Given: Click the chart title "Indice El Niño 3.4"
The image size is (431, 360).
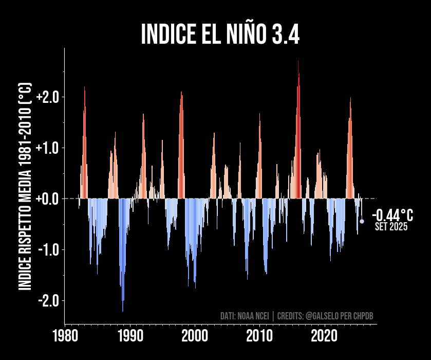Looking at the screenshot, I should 220,34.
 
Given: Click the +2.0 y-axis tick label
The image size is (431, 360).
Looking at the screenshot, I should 48,97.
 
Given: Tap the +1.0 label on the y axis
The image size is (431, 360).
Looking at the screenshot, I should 48,148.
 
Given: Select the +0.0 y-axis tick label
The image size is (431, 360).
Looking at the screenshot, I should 48,199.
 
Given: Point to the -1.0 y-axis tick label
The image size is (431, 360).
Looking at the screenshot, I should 49,249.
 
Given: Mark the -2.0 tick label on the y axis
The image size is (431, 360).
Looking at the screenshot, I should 49,300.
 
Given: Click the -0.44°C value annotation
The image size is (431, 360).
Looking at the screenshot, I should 392,215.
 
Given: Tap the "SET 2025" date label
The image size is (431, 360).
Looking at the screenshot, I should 391,227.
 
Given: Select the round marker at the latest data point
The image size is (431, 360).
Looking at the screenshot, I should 362,221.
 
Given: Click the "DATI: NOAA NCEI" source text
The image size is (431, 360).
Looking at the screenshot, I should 245,315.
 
